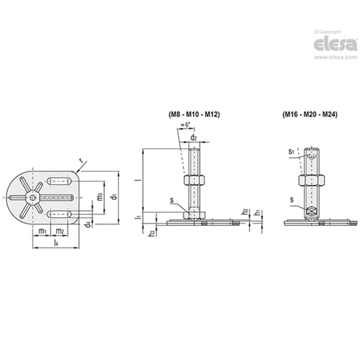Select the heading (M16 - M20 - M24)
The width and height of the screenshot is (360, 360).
click(x=310, y=115)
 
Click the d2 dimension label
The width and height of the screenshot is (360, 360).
click(x=194, y=137)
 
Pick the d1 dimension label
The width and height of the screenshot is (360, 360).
click(x=114, y=197)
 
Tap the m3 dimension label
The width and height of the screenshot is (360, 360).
click(x=100, y=197)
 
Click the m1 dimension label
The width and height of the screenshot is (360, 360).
click(x=42, y=231)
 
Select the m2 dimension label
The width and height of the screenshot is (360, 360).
click(x=60, y=231)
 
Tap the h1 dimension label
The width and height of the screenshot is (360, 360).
click(x=258, y=212)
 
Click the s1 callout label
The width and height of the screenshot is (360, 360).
click(x=291, y=152)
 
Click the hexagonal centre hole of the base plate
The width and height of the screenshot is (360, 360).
click(x=32, y=197)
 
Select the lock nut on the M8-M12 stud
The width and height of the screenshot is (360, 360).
click(x=194, y=180)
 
